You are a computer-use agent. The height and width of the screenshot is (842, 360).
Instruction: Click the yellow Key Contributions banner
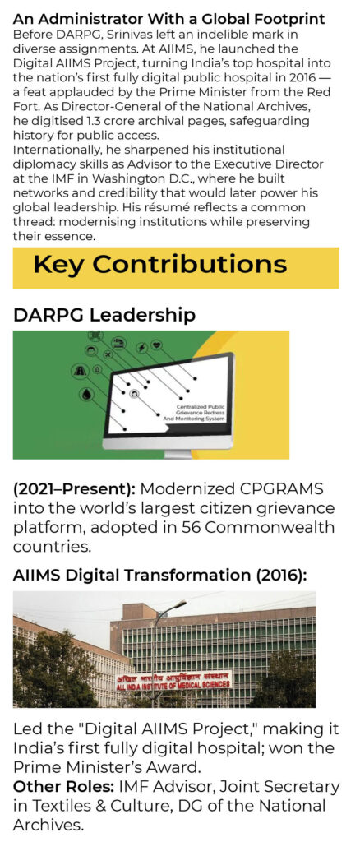176,267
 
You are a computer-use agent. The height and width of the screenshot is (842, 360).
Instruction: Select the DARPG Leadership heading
104,315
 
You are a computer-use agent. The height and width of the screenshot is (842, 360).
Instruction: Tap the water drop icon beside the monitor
87,394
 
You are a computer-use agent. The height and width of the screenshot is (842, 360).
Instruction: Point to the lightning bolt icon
142,348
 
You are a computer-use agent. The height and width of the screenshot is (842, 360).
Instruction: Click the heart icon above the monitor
156,345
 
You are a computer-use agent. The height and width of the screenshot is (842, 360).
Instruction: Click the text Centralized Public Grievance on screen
200,409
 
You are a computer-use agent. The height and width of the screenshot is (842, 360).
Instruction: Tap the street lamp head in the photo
180,604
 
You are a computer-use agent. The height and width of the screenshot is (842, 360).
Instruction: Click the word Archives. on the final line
48,825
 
